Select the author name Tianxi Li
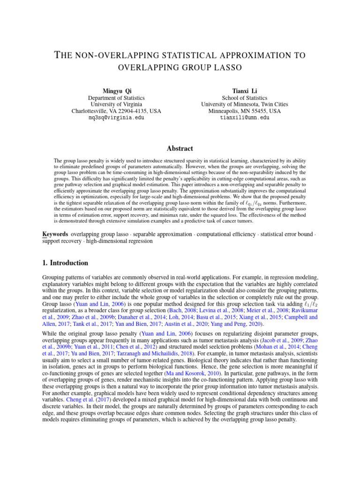(245, 90)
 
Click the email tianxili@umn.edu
(245, 118)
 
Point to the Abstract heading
(180, 149)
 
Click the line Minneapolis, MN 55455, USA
(245, 111)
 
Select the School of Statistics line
(245, 97)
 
